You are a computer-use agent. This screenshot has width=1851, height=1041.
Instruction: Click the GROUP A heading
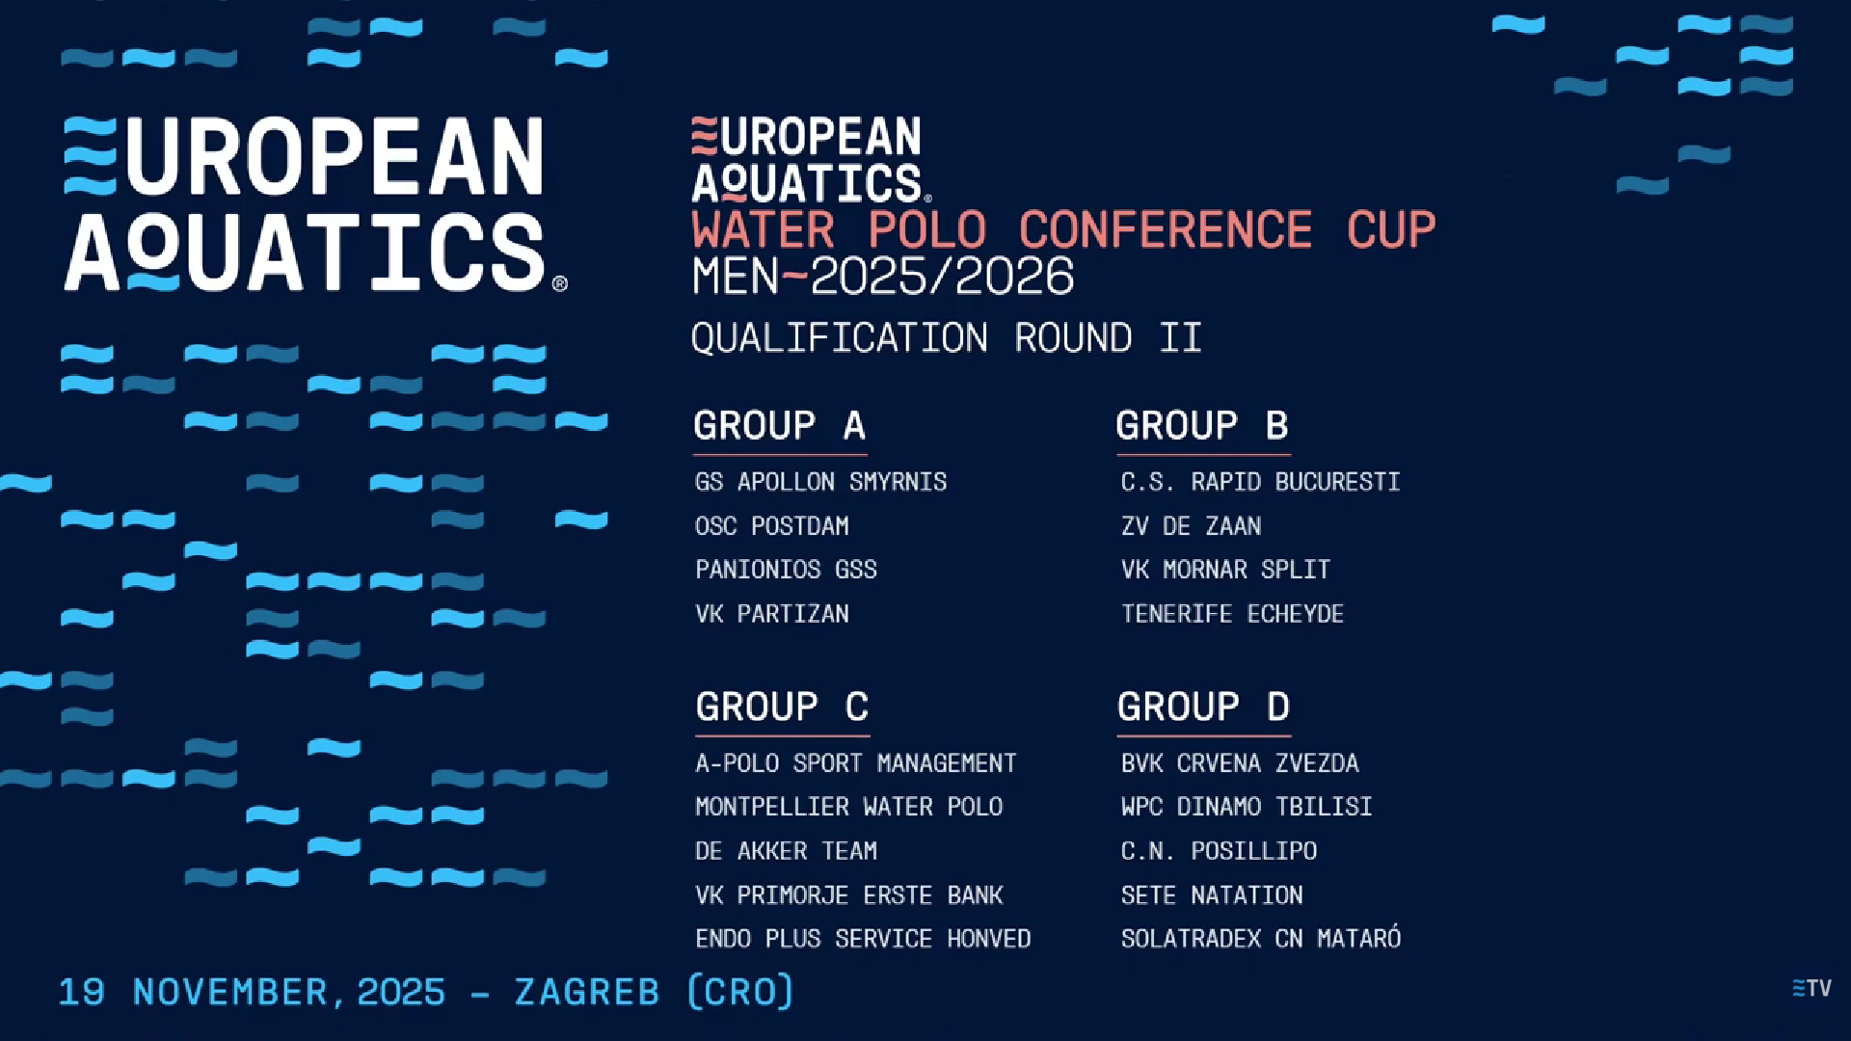(x=779, y=426)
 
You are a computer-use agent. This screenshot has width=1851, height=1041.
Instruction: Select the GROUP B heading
(x=1202, y=426)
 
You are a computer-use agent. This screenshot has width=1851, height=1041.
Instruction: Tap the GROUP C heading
(x=782, y=707)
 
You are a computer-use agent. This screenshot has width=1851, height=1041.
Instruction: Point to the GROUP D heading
(x=1203, y=707)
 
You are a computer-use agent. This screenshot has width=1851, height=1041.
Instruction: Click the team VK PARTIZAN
(x=772, y=614)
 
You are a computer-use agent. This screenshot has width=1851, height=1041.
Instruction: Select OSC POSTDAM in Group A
(x=772, y=526)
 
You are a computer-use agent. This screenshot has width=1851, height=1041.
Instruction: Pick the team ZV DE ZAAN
(x=1191, y=526)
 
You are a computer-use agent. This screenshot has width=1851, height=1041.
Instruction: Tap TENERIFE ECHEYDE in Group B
(x=1232, y=614)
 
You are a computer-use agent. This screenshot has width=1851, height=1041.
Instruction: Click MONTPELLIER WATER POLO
(x=848, y=807)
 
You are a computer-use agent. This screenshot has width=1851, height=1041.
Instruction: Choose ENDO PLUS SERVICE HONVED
(x=863, y=939)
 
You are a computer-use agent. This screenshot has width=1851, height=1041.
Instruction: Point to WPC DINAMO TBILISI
(x=1247, y=807)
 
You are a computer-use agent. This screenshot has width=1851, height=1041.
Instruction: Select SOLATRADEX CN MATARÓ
(x=1261, y=938)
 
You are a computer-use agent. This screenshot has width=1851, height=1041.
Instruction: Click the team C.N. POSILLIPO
(x=1219, y=851)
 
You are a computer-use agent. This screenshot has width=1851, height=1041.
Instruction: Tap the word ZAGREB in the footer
(x=587, y=992)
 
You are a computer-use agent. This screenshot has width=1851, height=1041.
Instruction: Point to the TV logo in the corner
(x=1811, y=988)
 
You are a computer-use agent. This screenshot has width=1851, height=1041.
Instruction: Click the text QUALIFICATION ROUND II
(x=947, y=338)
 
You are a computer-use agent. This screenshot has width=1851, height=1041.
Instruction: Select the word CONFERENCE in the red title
(x=1166, y=230)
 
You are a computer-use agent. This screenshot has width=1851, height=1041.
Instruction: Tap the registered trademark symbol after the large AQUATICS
(x=560, y=283)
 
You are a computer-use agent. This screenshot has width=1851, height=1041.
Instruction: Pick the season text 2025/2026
(x=942, y=277)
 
